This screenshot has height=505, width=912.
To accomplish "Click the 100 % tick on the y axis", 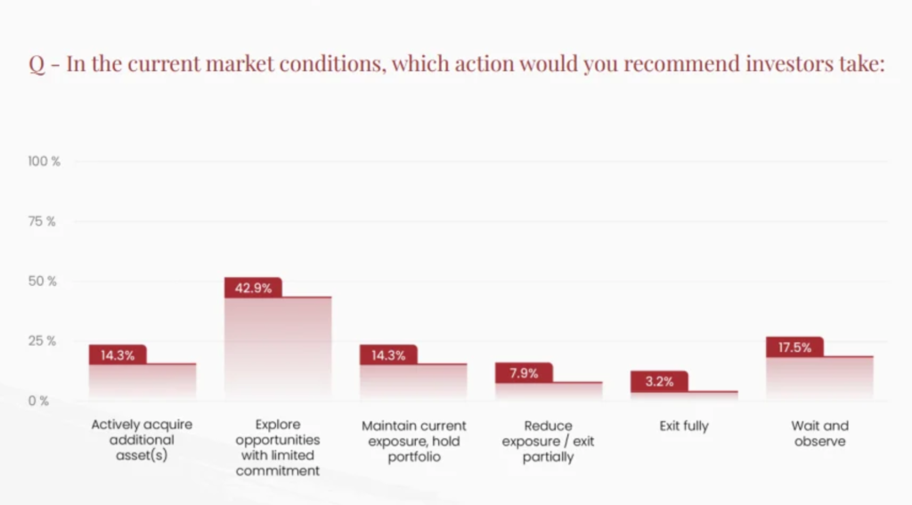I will click(44, 161).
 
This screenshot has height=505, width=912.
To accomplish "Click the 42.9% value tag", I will click(253, 288).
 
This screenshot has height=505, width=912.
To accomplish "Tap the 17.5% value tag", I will click(794, 347).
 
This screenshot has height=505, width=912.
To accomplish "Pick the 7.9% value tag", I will click(524, 373).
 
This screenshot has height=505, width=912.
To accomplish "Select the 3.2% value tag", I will click(659, 382).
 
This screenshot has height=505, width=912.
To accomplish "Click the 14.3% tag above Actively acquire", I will click(118, 354).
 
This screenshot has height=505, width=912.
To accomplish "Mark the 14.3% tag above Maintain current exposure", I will click(388, 354).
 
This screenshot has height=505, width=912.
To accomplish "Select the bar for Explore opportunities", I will click(278, 347).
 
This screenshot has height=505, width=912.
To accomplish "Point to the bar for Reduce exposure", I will click(549, 390).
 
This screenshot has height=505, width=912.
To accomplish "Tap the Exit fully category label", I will click(684, 426).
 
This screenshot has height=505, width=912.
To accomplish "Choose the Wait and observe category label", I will click(819, 434).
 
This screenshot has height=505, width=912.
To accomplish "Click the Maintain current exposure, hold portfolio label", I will click(413, 442).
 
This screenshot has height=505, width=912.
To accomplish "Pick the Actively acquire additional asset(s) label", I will click(142, 441).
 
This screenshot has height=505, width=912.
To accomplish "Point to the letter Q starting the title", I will click(38, 65).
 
